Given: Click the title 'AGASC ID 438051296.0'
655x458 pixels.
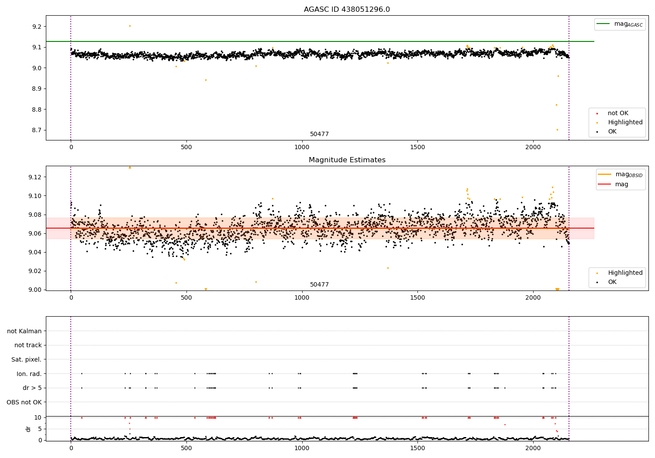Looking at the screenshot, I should pos(347,10).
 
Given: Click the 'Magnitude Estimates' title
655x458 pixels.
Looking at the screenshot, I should pos(347,160).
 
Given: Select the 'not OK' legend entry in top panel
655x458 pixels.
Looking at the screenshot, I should pos(617,113).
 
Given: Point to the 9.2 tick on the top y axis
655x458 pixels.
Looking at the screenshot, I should pos(37,27).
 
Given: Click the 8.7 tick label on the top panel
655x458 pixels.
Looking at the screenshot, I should pos(37,130).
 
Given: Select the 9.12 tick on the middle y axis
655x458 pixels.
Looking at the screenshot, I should pos(35,177).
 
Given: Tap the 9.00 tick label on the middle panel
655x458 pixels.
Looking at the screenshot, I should pos(35,290).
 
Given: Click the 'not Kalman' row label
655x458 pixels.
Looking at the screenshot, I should pos(24,331).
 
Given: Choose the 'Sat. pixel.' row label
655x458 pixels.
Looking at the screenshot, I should pos(27,359).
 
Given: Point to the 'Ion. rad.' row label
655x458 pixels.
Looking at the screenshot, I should pos(29,374).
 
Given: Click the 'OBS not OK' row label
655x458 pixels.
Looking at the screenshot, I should pos(24,402).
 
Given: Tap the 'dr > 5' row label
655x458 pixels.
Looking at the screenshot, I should pos(32,388).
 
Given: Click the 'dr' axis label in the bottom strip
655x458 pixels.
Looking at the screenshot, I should pos(28,429).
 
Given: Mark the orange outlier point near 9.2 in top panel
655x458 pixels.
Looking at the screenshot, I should pos(130,26).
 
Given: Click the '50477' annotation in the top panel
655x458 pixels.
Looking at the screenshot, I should pos(319,134).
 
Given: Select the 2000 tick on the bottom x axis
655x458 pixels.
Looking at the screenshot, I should pos(533,448).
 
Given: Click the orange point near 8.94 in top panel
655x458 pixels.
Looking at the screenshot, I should pos(206,80).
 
